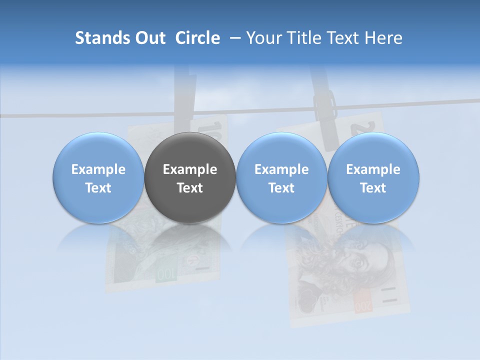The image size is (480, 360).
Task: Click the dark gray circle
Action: coord(190,178)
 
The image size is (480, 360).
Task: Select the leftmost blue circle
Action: coord(98,178)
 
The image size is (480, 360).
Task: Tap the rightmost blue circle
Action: coord(373,178)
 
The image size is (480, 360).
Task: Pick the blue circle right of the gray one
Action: coord(281,178)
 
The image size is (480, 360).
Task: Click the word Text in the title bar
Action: coord(343,38)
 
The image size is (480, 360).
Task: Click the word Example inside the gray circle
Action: coord(190,169)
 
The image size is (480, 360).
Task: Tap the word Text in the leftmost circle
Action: coord(98,188)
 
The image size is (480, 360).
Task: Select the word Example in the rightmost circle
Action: coord(373,169)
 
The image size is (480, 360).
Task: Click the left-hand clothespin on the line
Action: coord(185,92)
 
